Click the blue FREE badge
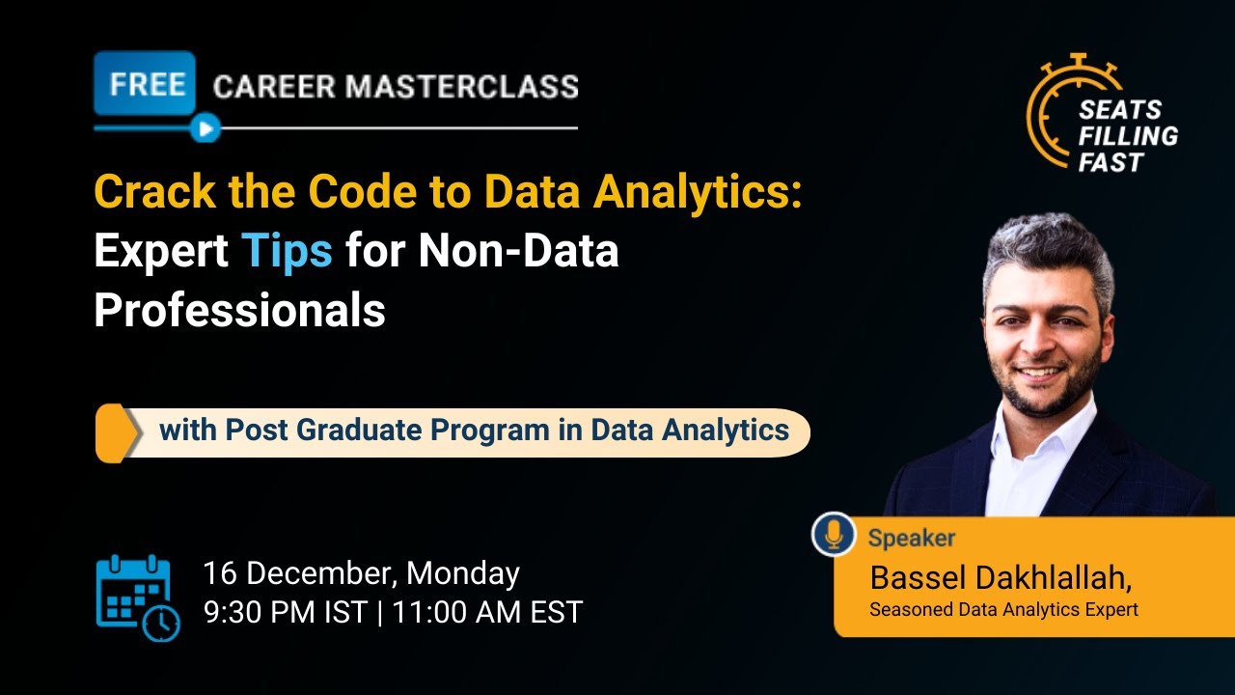pyautogui.click(x=145, y=84)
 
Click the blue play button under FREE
pyautogui.click(x=205, y=127)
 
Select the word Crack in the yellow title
pyautogui.click(x=155, y=192)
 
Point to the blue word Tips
pyautogui.click(x=287, y=251)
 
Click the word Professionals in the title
pyautogui.click(x=239, y=309)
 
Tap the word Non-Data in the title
pyautogui.click(x=518, y=251)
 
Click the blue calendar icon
pyautogui.click(x=136, y=597)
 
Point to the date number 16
pyautogui.click(x=221, y=573)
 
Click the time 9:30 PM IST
pyautogui.click(x=285, y=612)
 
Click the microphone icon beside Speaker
pyautogui.click(x=834, y=534)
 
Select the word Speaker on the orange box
pyautogui.click(x=911, y=538)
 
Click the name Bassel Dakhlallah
pyautogui.click(x=999, y=578)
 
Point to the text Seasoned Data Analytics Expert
pyautogui.click(x=1002, y=609)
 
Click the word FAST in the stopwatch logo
pyautogui.click(x=1111, y=161)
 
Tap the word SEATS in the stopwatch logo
pyautogui.click(x=1119, y=109)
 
